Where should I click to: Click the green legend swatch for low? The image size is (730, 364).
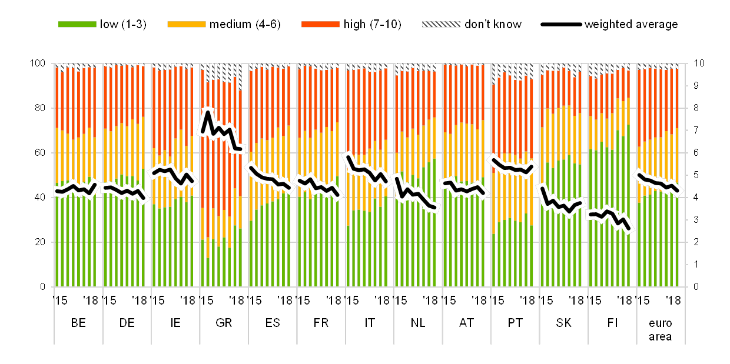[77, 25]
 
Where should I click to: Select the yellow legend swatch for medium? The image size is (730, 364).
[186, 25]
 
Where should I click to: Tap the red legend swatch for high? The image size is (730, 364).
[320, 25]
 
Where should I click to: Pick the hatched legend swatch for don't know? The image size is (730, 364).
[441, 25]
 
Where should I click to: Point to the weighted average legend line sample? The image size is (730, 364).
[561, 25]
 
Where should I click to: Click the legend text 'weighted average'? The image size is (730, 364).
[631, 25]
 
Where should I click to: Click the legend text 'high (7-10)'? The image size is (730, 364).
[373, 25]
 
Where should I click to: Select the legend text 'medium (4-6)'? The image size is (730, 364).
[245, 25]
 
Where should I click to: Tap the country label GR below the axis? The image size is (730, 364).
[224, 323]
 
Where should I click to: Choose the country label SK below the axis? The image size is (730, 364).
[563, 323]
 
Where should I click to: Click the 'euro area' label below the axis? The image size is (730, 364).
[661, 329]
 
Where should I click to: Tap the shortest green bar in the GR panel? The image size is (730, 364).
[207, 272]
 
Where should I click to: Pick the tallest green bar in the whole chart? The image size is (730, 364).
[628, 206]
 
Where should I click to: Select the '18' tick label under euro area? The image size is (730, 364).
[676, 300]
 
